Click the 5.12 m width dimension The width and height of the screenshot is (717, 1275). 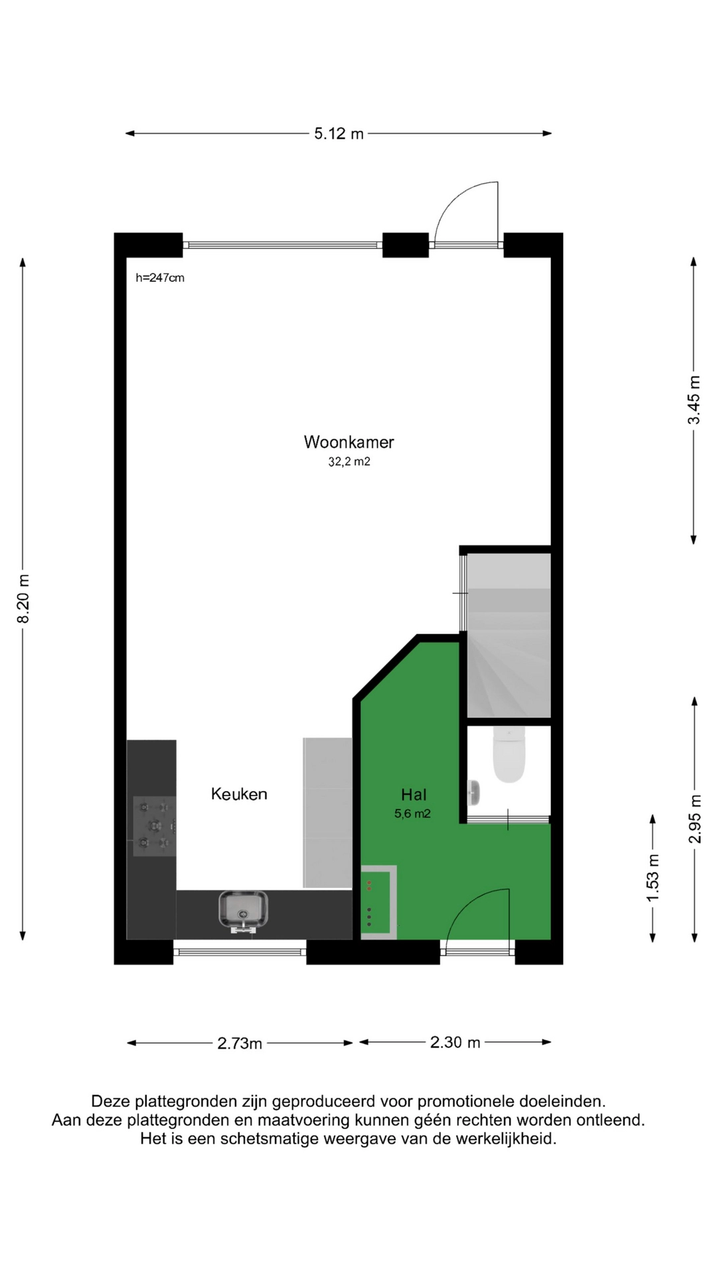[x=339, y=133]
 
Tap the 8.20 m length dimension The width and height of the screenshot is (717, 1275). [x=23, y=599]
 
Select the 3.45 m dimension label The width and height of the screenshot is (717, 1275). [x=694, y=400]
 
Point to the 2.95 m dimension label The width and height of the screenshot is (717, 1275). [x=694, y=819]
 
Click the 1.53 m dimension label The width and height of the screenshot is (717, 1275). [x=653, y=878]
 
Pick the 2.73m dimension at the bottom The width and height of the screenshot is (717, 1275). [x=240, y=1043]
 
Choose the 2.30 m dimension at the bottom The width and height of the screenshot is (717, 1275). [x=455, y=1043]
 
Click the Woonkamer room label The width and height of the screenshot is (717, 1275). [x=349, y=442]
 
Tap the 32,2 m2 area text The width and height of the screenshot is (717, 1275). [x=349, y=462]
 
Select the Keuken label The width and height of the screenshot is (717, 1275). [x=239, y=794]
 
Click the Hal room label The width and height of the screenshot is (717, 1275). [x=414, y=794]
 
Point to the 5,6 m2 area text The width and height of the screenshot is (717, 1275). [x=413, y=813]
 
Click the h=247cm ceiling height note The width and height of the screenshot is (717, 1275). [x=160, y=278]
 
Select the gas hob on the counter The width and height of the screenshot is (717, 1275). [x=155, y=826]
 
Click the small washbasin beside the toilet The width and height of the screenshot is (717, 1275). [x=473, y=792]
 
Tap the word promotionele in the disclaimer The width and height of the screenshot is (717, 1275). [x=466, y=1102]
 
